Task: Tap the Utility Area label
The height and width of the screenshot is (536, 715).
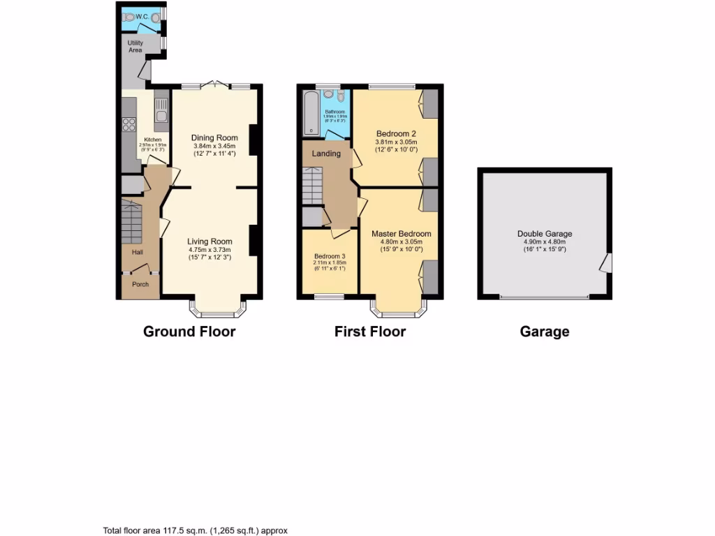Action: [135, 46]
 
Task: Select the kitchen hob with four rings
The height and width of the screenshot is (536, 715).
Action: [129, 125]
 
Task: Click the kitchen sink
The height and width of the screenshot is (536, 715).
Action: [161, 112]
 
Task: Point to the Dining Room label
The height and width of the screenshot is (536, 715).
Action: [214, 137]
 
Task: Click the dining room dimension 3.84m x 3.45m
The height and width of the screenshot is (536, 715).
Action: [214, 146]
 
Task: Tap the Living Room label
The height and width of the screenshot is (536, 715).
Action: [209, 241]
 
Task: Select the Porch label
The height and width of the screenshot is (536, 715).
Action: [140, 284]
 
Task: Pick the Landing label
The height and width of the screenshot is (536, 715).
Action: [326, 154]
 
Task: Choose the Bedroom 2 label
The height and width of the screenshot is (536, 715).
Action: [396, 133]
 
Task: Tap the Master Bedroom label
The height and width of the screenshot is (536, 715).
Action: [401, 234]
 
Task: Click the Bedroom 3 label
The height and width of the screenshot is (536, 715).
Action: [330, 256]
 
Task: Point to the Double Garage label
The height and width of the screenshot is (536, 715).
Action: [545, 234]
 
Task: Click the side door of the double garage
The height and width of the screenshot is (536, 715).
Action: [606, 263]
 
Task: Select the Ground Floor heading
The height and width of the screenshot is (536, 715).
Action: [189, 332]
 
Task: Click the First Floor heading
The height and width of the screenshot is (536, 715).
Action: [369, 332]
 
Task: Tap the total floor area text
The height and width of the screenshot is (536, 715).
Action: [195, 530]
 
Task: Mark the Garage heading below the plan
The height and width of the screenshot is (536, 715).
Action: [544, 332]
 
